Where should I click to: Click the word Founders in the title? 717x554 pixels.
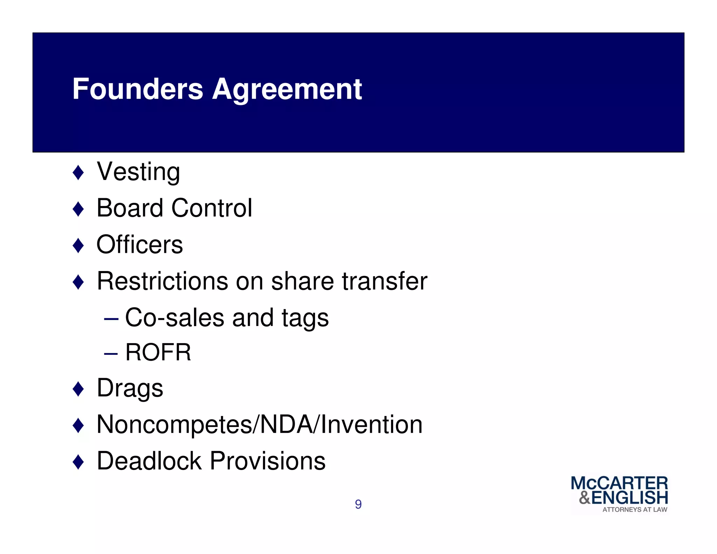pos(138,89)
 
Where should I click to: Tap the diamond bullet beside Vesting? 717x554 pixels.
pos(78,172)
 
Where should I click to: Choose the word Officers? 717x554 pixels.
pos(140,244)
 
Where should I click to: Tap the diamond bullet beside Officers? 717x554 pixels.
pos(78,245)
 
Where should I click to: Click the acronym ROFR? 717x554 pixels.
pos(158,352)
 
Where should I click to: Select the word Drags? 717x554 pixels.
pos(130,388)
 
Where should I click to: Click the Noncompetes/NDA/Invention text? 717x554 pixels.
pos(259,424)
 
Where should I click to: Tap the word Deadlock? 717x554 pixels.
pos(149,461)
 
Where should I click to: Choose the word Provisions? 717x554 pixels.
pos(268,461)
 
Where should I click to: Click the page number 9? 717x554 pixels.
pos(358,504)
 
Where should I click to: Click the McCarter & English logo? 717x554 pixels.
pos(619,494)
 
